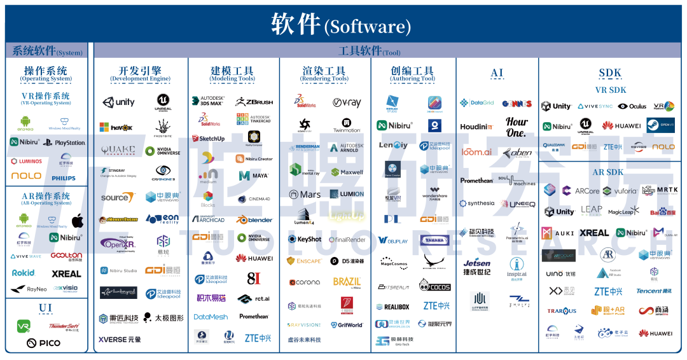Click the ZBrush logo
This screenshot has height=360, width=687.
(254, 101)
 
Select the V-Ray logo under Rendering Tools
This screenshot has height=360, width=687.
(347, 102)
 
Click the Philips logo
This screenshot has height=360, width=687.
(64, 179)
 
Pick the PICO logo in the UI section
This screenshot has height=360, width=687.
(43, 343)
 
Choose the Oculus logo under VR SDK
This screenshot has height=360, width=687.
(632, 106)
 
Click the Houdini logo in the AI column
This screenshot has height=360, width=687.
(476, 127)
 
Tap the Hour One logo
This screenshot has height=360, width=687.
(517, 127)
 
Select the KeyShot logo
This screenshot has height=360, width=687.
(305, 239)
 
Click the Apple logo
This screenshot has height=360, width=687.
(78, 221)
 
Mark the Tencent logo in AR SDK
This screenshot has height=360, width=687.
(653, 291)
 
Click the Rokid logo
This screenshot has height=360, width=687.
(24, 273)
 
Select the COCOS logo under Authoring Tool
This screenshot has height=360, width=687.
(435, 286)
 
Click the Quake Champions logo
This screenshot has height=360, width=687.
(117, 151)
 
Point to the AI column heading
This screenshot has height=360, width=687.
(497, 73)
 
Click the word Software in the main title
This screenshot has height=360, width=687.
(367, 27)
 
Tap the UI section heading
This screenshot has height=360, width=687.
(45, 308)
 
